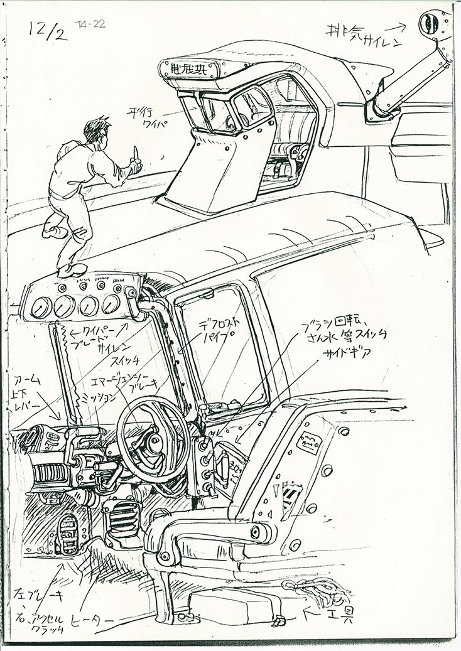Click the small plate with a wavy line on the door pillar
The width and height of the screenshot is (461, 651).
309,443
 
